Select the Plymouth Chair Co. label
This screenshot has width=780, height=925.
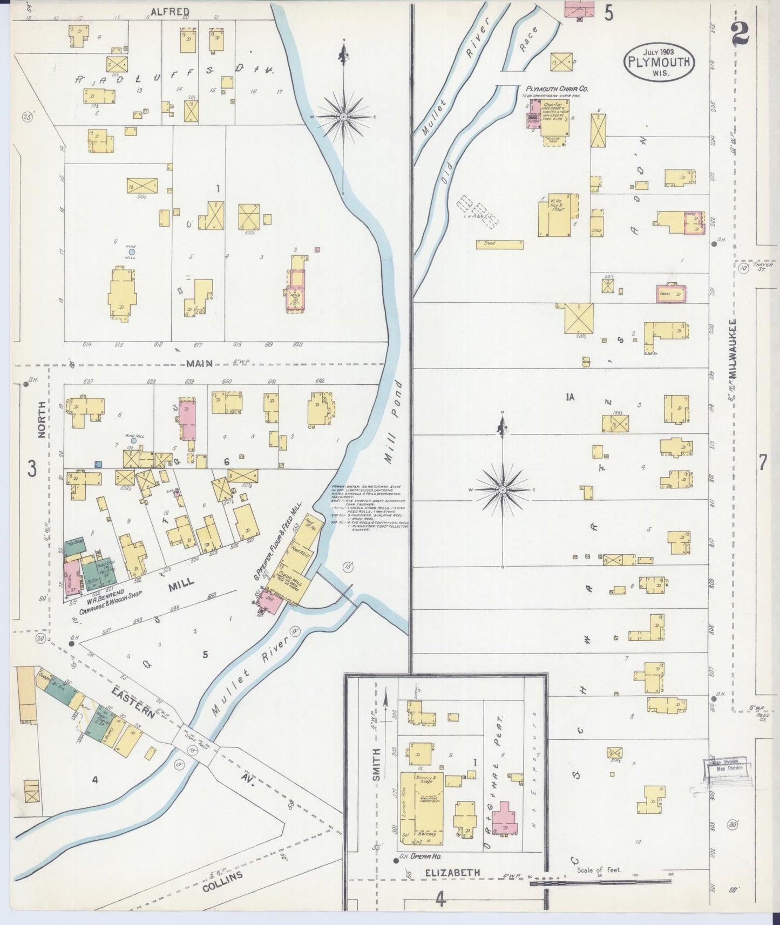click(557, 89)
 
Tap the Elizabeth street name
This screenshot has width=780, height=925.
click(452, 872)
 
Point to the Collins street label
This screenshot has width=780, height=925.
click(223, 883)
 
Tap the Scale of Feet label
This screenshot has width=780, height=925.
click(599, 870)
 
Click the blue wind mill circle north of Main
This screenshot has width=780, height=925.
click(132, 251)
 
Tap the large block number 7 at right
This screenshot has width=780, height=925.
click(762, 462)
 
